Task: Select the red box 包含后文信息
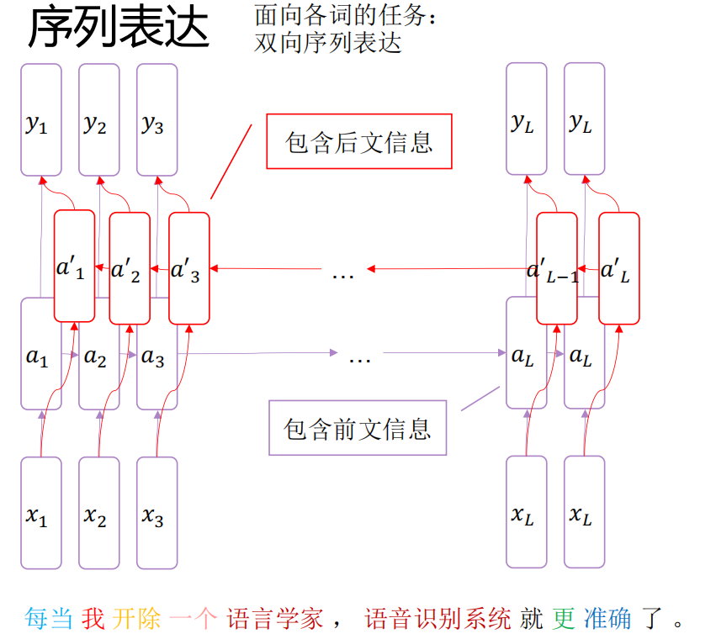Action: pos(359,141)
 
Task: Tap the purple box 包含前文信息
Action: pos(358,428)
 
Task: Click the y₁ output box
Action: pos(41,119)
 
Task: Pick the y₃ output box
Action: pos(157,119)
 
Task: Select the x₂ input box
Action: pos(99,513)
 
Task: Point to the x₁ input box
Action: pos(41,513)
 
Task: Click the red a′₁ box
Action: pos(74,266)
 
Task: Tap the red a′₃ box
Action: pos(189,268)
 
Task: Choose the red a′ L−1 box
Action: pos(557,268)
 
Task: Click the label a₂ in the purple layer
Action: pos(95,357)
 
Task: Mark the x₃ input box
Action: pos(157,513)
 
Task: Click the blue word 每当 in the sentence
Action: pos(49,619)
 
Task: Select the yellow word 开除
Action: pos(136,619)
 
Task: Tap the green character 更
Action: pos(564,619)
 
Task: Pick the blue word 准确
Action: pos(607,619)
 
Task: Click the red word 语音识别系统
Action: pos(438,619)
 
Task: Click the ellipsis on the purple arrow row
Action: pos(360,361)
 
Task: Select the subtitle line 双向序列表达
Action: pos(328,44)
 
